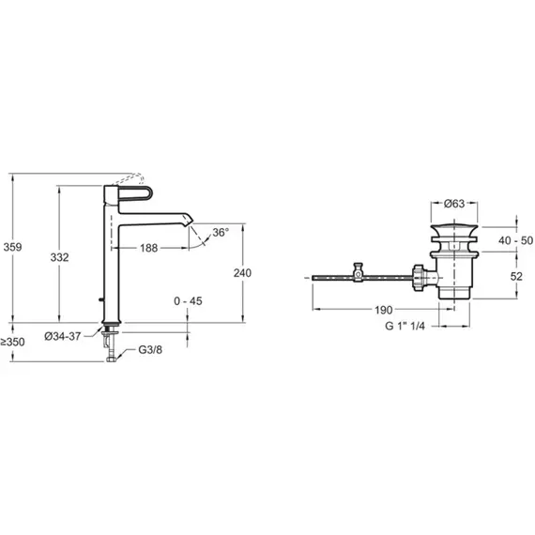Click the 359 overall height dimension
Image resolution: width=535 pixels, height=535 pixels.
pos(12,247)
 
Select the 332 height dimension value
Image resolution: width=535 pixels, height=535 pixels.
pos(59,257)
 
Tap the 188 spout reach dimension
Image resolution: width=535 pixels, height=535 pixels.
pos(148,248)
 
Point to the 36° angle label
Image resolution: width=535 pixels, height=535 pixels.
pos(221,233)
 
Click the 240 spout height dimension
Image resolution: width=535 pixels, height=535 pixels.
pos(242,273)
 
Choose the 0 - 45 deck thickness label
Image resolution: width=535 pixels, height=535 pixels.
pos(188,301)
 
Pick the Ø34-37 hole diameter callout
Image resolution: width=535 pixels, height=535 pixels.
pos(63,336)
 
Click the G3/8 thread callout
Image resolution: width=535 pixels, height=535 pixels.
pos(150,350)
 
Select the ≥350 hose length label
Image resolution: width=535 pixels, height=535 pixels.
pos(12,342)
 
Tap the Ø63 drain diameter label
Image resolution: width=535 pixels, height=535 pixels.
pos(454,204)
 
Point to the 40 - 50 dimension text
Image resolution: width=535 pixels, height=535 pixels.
pos(515,240)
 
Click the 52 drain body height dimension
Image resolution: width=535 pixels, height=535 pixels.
pos(516,276)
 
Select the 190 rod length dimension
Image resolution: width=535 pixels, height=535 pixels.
pos(384,310)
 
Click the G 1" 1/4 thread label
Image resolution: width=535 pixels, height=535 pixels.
pos(405,326)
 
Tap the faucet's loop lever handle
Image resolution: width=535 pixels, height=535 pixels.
pos(135,194)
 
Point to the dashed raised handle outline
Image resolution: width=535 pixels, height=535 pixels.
pos(129,178)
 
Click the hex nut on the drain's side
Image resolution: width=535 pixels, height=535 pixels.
pos(419,278)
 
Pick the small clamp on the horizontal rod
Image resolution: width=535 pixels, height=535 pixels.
pos(358,272)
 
